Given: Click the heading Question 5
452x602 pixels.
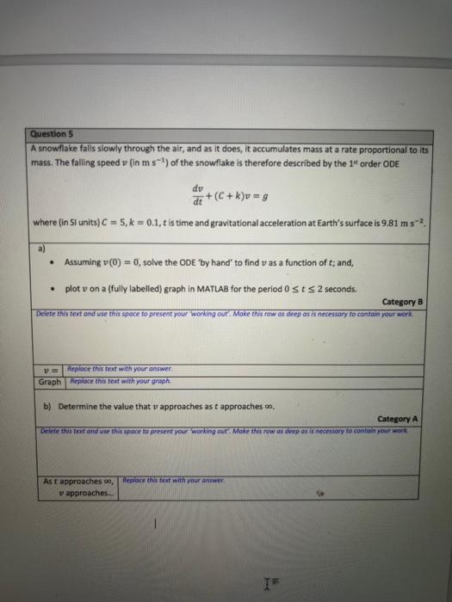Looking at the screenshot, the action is pos(49,134).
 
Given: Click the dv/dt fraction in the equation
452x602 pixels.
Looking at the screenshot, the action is pos(199,197).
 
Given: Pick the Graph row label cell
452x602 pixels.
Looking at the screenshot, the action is pos(49,380).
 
